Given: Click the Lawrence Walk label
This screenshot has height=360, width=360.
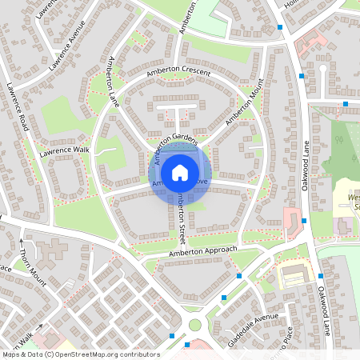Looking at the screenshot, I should click(x=66, y=149).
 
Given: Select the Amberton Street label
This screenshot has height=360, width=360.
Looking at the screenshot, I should click(x=182, y=219).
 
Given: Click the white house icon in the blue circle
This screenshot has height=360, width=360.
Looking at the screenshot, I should click(x=180, y=172).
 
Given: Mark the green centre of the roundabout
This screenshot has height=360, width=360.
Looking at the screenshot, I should click(x=195, y=325).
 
